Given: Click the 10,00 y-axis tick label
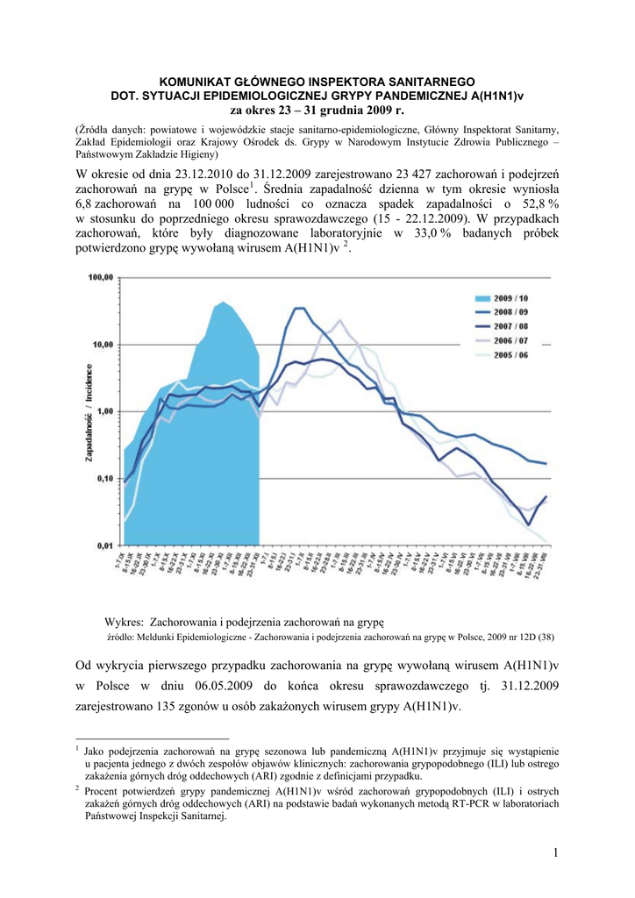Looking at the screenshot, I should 102,345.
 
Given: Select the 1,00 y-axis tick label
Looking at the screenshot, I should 103,411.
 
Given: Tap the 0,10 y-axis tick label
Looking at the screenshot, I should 103,478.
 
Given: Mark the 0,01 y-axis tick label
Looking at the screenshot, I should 103,545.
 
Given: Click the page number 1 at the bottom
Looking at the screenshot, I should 556,852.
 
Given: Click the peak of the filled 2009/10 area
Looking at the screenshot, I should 225,303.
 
